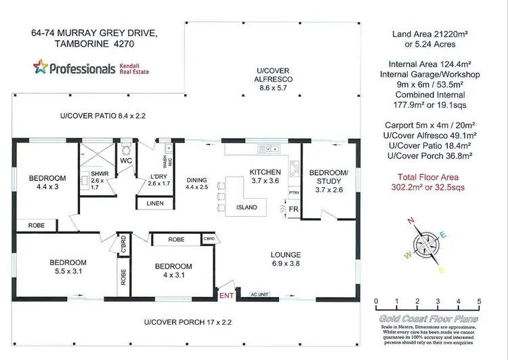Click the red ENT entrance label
pos(225,295)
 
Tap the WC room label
pos(126,161)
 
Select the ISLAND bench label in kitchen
pos(247,207)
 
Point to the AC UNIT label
pos(260,294)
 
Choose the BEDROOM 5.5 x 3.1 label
pos(68,267)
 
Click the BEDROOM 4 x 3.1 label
pos(173,271)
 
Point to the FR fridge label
pos(293,210)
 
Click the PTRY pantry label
pos(294,192)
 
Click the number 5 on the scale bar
pos(479,302)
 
